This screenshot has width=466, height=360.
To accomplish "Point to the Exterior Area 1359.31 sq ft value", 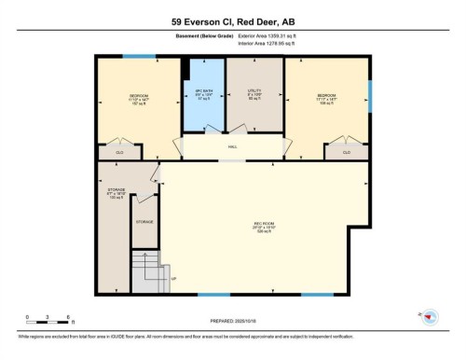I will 273,36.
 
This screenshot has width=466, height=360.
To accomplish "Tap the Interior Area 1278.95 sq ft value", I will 273,44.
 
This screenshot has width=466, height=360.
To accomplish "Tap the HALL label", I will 232,146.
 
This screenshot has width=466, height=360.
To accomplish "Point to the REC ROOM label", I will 264,225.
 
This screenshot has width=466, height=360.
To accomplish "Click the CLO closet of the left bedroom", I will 119,152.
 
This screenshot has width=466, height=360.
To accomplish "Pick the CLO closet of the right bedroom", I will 347,152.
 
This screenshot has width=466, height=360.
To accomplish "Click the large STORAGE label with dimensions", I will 116,194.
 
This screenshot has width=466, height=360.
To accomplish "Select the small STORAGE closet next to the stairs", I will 144,222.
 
